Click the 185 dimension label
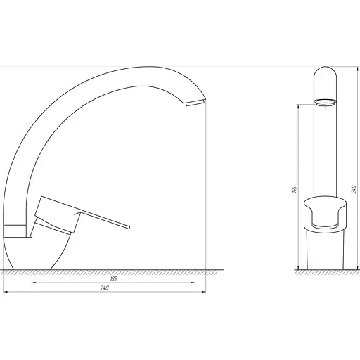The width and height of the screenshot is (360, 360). click(113, 280)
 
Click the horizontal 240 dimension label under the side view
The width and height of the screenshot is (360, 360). click(104, 288)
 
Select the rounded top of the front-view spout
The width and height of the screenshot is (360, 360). click(324, 72)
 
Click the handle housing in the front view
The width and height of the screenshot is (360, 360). click(324, 214)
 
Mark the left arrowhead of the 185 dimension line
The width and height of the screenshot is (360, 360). click(34, 283)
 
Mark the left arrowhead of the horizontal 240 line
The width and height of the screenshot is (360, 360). click(5, 292)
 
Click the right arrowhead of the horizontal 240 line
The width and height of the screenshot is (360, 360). click(205, 292)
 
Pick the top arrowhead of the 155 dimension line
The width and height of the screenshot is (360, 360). click(300, 105)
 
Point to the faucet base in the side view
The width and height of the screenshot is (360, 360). click(42, 253)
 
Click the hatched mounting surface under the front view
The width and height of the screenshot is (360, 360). click(324, 274)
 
